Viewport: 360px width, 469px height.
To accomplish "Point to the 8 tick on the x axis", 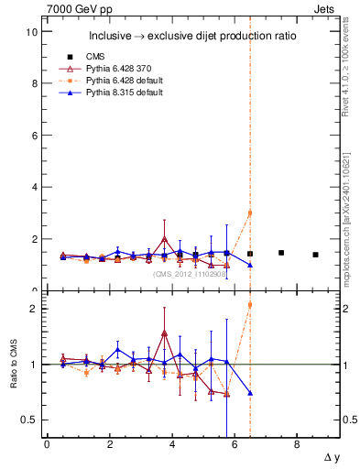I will pyautogui.click(x=297, y=444).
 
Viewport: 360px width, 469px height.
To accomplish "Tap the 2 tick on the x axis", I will pyautogui.click(x=109, y=444).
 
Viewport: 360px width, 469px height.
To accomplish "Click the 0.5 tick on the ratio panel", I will pyautogui.click(x=28, y=420).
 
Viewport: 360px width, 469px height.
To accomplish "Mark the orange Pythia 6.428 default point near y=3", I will pyautogui.click(x=250, y=213).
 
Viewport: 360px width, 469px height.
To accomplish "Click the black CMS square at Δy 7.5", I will pyautogui.click(x=281, y=252).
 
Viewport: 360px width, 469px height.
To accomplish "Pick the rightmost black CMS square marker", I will pyautogui.click(x=315, y=255).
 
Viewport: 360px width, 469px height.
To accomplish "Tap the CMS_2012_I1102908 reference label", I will pyautogui.click(x=190, y=273).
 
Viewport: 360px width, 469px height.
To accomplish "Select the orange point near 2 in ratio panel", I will pyautogui.click(x=250, y=305).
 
